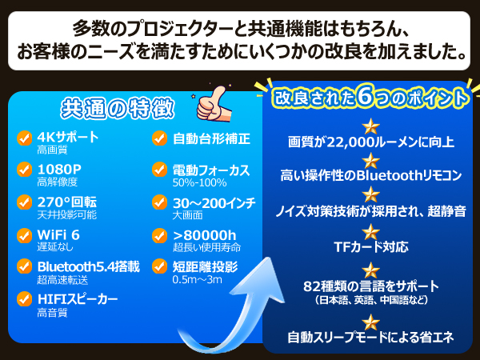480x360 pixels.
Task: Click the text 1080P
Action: (x=59, y=169)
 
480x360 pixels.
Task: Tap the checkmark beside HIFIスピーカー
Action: (x=24, y=299)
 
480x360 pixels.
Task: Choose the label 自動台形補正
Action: (x=212, y=138)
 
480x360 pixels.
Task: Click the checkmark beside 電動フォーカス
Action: (x=159, y=170)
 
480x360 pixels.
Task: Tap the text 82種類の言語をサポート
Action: (x=371, y=286)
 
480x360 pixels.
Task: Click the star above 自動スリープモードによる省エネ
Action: (x=370, y=322)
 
